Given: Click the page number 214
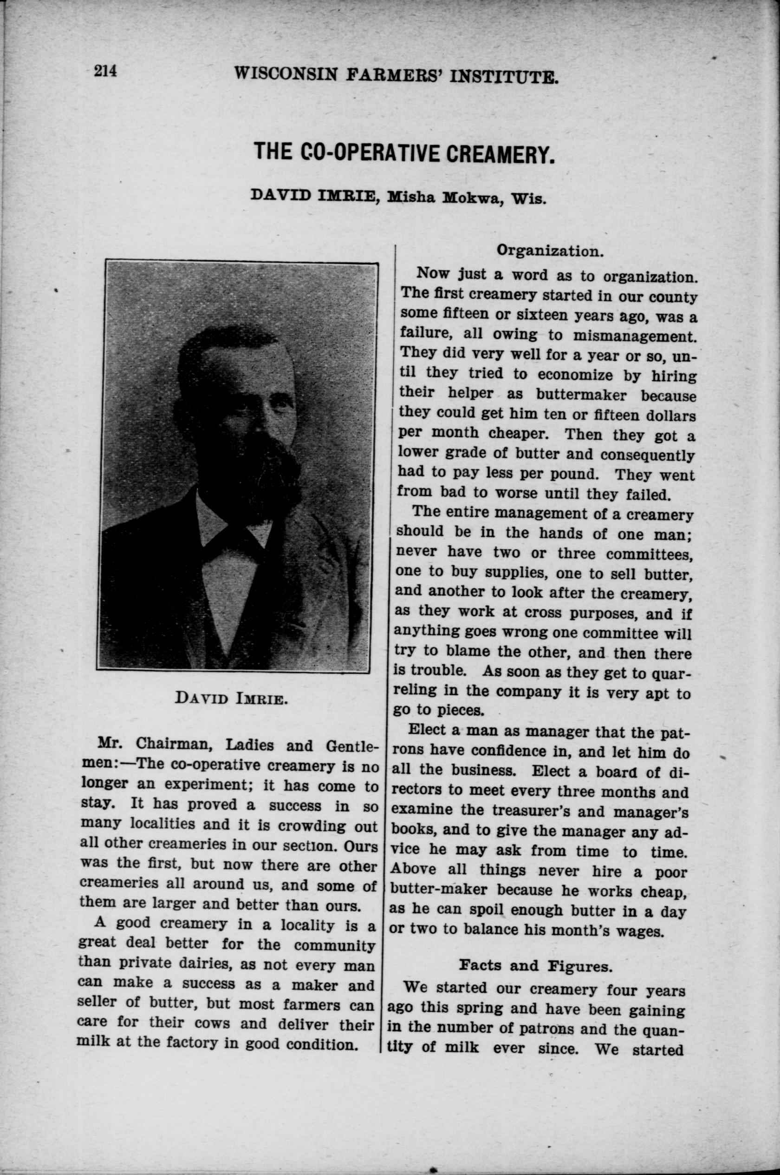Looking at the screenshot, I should tap(105, 71).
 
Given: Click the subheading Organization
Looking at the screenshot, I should tap(550, 250).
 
